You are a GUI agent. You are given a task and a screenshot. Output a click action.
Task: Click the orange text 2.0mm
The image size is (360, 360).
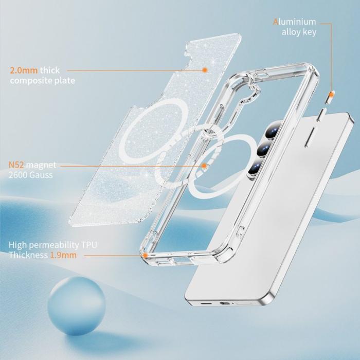coord(24,70)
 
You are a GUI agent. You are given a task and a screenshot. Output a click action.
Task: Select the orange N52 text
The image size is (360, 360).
coord(16,165)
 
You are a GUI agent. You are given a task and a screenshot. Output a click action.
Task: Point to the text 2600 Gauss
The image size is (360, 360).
coord(30,175)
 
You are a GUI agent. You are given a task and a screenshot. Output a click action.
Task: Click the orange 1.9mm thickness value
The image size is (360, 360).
coord(63,255)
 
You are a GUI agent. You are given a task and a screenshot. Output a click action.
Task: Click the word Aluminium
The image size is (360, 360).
coord(295,22)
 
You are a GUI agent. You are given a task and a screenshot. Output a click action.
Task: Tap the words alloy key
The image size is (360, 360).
coord(299,32)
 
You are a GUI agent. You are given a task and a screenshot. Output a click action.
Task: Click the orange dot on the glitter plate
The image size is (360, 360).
coord(205,70)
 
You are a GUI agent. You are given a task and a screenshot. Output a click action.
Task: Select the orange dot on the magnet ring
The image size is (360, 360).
coord(204,166)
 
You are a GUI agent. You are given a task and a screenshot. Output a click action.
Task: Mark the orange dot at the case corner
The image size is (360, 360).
coord(145,255)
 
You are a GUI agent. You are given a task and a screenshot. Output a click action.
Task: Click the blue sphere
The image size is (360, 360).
coord(77,305)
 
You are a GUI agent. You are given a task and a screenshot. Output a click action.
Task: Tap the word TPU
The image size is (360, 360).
coord(89,245)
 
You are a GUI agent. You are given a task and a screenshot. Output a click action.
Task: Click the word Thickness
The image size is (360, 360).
coord(28,255)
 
